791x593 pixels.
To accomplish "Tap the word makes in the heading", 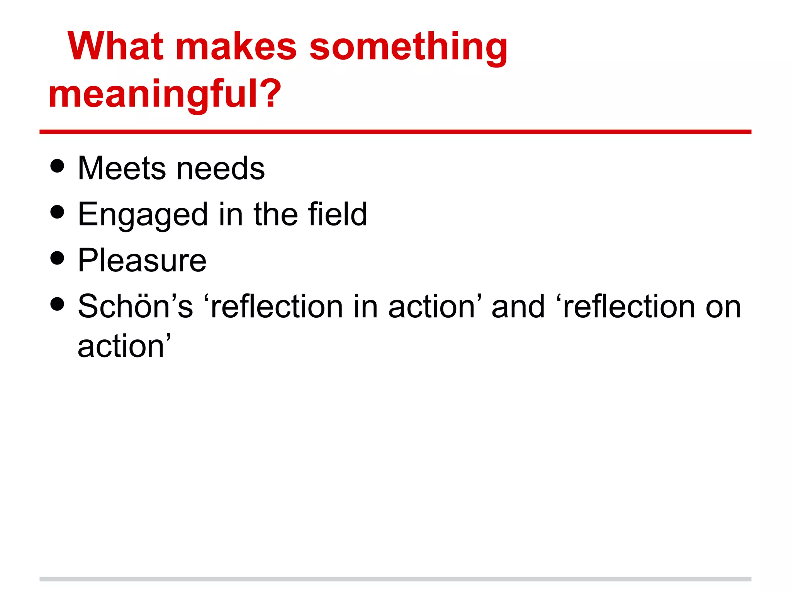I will click(x=236, y=47).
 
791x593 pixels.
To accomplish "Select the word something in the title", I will click(x=408, y=47).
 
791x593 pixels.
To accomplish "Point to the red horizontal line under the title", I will click(x=395, y=132).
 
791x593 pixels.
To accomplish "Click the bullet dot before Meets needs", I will click(x=57, y=166).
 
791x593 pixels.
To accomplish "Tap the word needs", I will click(x=221, y=168).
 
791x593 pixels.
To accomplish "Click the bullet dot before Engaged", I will click(x=57, y=212).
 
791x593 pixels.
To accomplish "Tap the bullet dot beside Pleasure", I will click(x=57, y=258).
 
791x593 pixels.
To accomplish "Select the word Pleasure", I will click(x=142, y=260).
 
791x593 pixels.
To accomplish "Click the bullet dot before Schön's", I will click(x=57, y=304).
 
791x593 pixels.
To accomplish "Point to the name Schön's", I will click(x=135, y=307).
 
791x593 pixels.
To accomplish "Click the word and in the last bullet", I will click(x=518, y=307).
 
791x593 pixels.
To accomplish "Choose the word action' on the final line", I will click(x=124, y=346).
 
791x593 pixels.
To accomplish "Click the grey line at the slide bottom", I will click(x=395, y=579).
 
